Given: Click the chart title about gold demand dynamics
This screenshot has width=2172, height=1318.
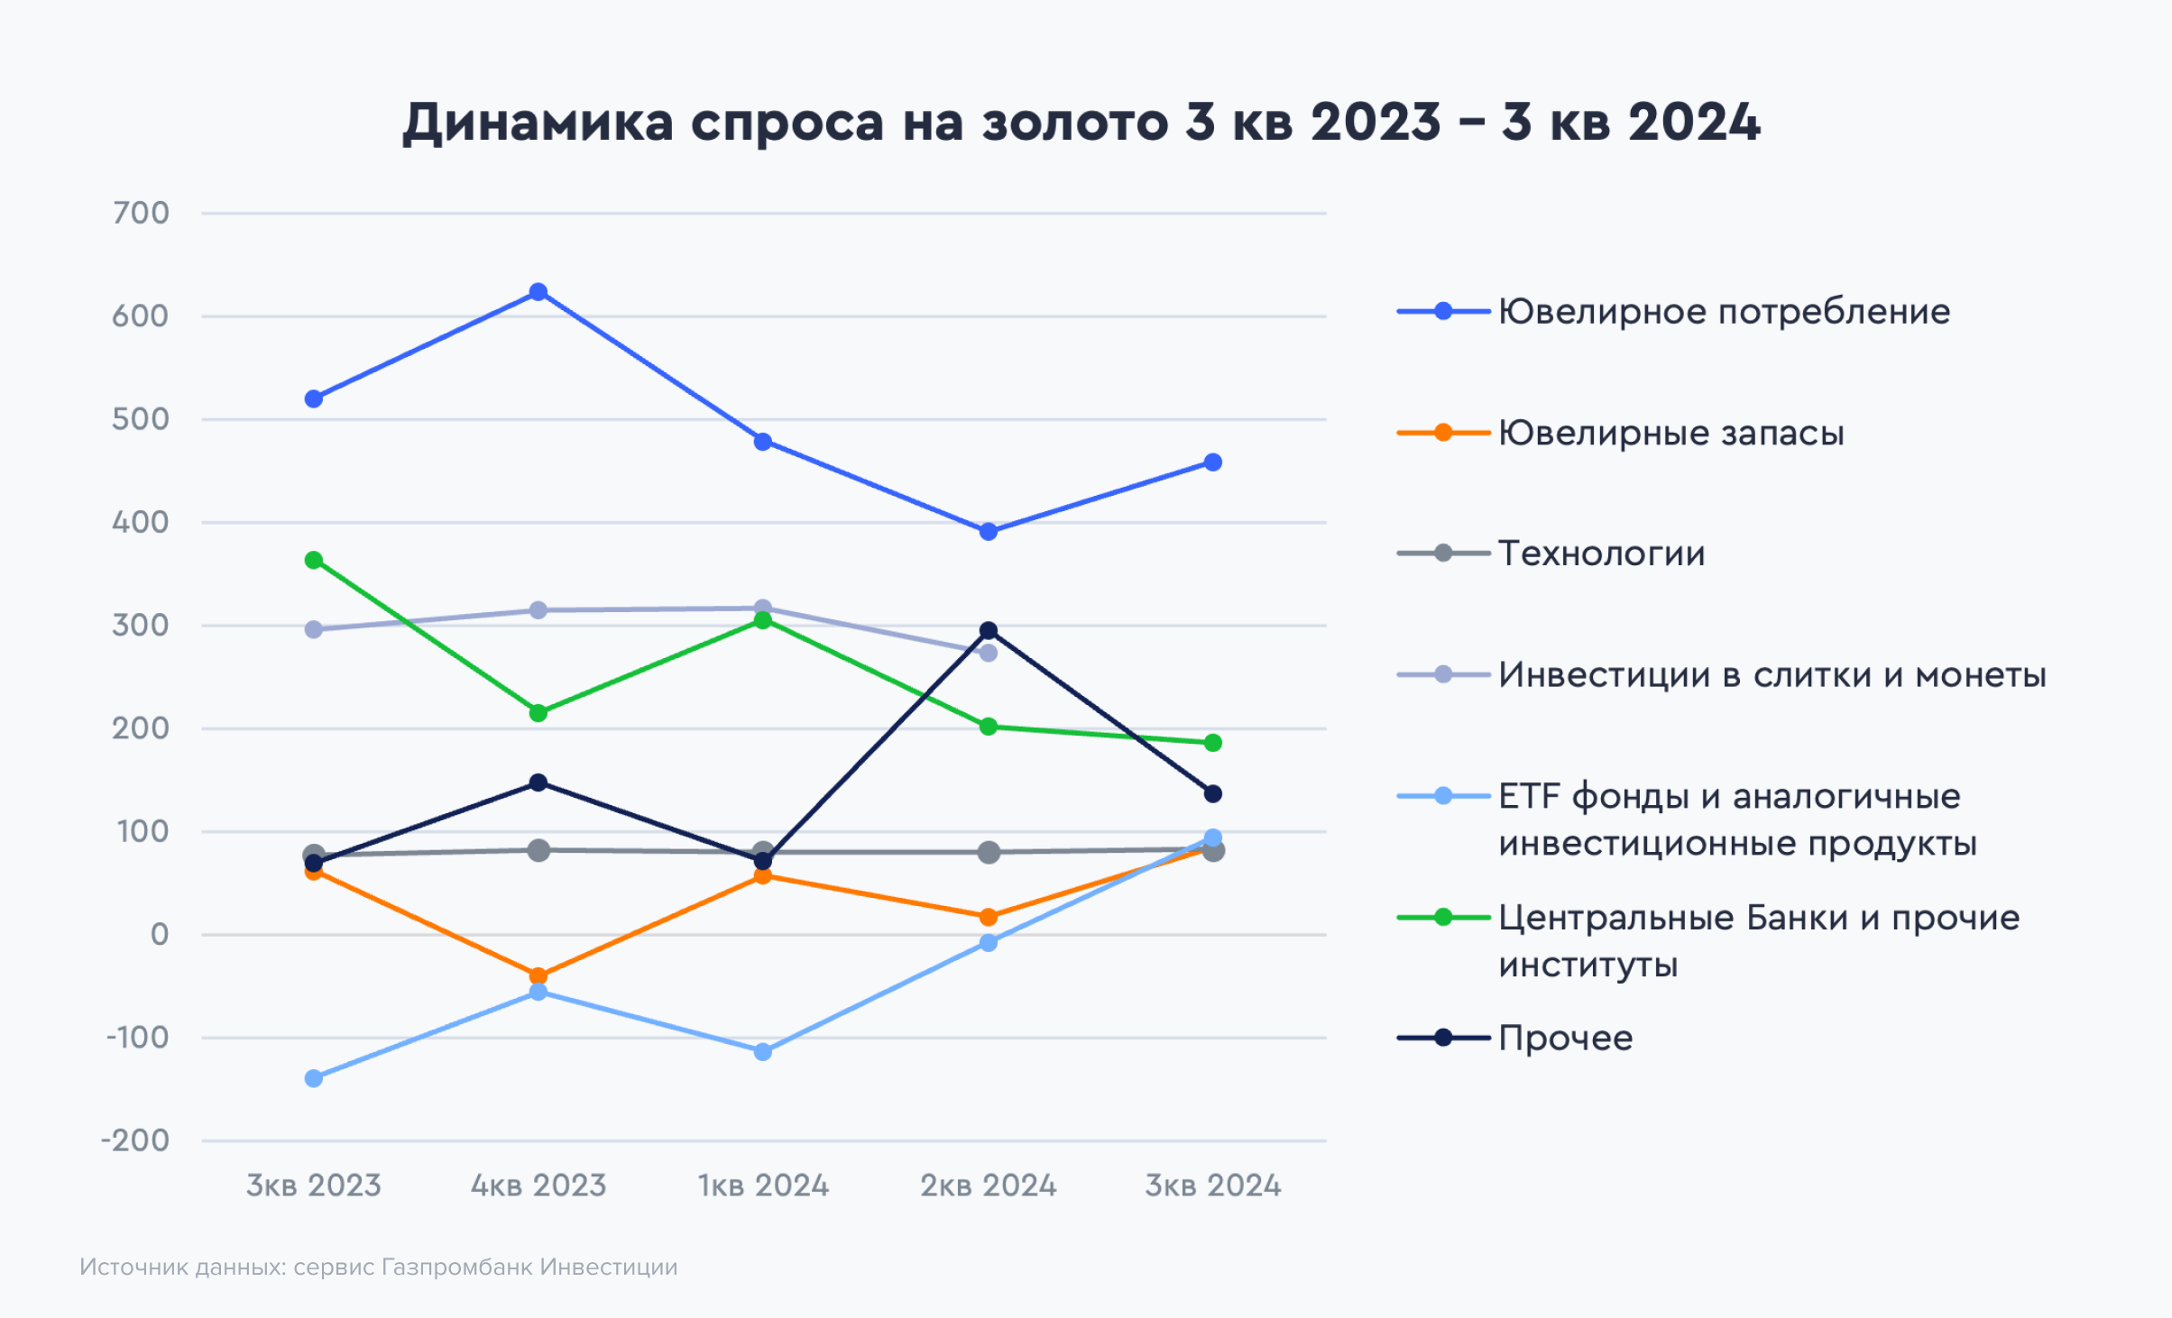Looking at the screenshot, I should (1081, 123).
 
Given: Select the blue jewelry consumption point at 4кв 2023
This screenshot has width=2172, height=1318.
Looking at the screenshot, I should (538, 292).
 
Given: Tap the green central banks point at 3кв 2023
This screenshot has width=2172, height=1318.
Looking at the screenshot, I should (314, 561).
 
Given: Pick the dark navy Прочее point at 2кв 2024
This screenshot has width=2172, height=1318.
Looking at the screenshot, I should (989, 631).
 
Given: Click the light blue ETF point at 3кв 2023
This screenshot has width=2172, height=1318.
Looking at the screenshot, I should (314, 1078).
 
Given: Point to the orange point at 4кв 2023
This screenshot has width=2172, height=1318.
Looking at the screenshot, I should (538, 975).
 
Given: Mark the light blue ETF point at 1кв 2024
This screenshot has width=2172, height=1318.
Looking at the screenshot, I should (763, 1052).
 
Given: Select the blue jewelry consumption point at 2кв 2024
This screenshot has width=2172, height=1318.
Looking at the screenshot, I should (989, 532).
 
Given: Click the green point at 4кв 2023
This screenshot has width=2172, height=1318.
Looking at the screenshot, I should (538, 713).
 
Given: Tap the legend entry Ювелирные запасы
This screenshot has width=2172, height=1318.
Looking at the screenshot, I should (1670, 434).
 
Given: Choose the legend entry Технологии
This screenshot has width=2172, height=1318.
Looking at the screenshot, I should (1601, 554).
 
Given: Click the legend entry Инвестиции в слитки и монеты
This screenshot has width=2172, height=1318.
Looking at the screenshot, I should (1772, 675).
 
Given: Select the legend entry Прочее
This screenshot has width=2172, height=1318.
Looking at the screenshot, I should (1565, 1039).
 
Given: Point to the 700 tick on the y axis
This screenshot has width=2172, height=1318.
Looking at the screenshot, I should (141, 214).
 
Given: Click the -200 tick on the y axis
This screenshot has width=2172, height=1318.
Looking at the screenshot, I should (135, 1141).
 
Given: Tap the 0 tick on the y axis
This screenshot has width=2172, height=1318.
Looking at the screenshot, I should (160, 935).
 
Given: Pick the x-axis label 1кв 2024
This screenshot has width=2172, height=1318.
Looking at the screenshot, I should (763, 1185).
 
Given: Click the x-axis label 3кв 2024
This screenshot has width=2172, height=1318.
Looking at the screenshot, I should (1213, 1185).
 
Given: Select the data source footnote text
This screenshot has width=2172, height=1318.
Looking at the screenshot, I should (379, 1268).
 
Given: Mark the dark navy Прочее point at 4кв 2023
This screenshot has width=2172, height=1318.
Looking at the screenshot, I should (538, 783).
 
